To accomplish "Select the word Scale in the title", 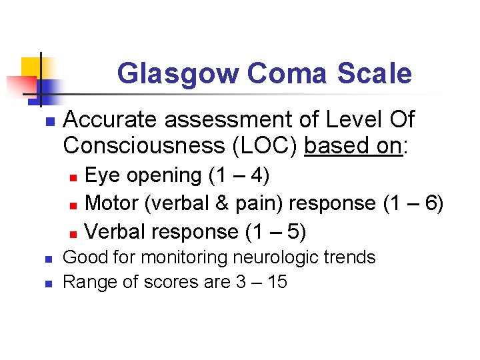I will coord(373,74).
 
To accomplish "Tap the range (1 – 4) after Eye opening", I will coord(239,175).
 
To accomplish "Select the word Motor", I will coord(111,203).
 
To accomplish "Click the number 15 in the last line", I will coord(276,282).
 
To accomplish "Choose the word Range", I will coord(85,282).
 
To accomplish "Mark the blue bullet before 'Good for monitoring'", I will coord(47,258).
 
